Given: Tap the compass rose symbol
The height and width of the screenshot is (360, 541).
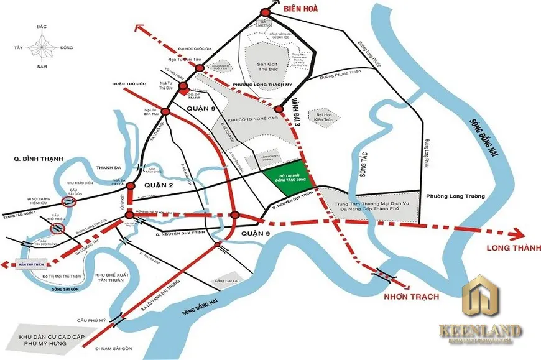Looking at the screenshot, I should pyautogui.click(x=42, y=47).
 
